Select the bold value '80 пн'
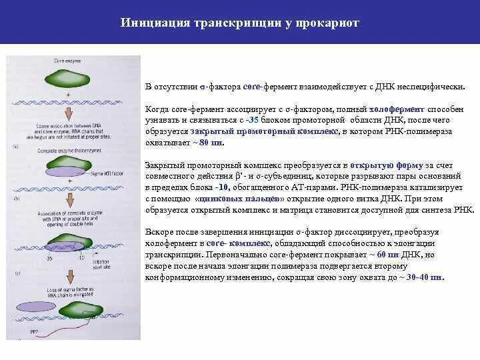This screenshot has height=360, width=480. pos(211,142)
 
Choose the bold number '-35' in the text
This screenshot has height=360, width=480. pos(251,119)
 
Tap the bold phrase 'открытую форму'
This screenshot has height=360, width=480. pos(379,164)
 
